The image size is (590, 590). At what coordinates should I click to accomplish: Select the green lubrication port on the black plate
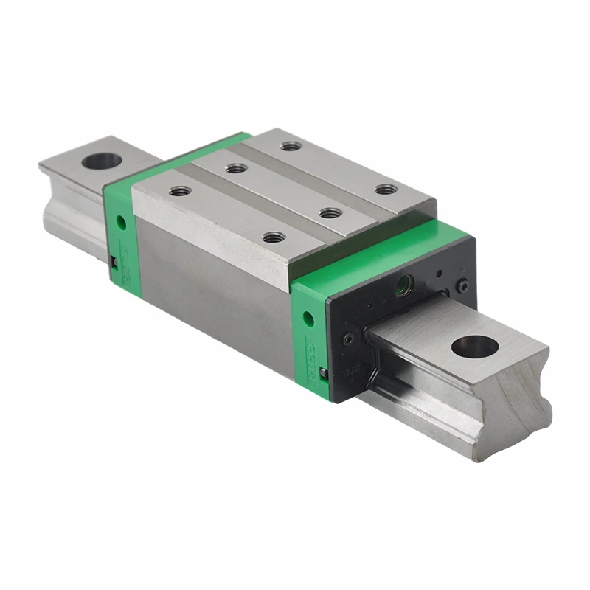click(x=403, y=285)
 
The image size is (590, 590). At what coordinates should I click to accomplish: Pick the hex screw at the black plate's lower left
click(x=347, y=340)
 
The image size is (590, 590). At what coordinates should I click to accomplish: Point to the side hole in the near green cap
click(x=308, y=319)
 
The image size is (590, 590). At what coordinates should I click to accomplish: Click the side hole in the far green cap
click(x=119, y=221)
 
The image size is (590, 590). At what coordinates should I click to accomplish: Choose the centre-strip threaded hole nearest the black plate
click(x=330, y=213)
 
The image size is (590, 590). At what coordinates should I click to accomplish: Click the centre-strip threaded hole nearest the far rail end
click(x=236, y=169)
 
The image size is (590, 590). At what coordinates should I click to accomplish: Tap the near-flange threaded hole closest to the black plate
click(x=274, y=237)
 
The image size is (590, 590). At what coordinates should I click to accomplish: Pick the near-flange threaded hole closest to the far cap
click(x=179, y=191)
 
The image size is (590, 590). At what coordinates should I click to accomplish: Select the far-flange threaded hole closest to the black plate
click(x=386, y=190)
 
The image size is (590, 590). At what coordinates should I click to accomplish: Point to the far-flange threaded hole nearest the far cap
click(x=291, y=146)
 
